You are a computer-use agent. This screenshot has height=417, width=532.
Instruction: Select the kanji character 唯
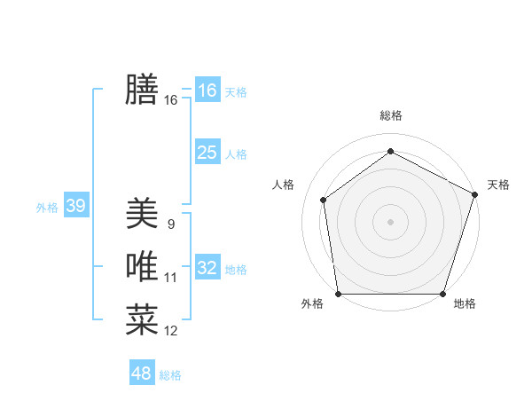pyautogui.click(x=142, y=267)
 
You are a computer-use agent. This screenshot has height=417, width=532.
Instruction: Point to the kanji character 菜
pyautogui.click(x=142, y=320)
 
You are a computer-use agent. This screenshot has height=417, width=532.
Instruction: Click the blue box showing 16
pyautogui.click(x=207, y=90)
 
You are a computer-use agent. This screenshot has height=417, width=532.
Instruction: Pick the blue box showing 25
pyautogui.click(x=207, y=153)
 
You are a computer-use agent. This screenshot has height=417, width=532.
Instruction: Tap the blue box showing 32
pyautogui.click(x=207, y=268)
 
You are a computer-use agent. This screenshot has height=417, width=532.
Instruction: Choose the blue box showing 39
pyautogui.click(x=75, y=207)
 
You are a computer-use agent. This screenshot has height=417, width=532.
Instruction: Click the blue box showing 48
pyautogui.click(x=141, y=374)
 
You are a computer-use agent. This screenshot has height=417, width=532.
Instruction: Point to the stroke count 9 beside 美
pyautogui.click(x=170, y=224)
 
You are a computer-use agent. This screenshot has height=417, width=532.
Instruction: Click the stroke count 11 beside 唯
pyautogui.click(x=170, y=278)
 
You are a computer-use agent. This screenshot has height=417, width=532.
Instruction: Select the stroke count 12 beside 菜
pyautogui.click(x=170, y=331)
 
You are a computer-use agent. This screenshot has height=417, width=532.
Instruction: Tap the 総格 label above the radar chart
pyautogui.click(x=390, y=115)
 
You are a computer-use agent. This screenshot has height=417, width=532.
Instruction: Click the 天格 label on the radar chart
pyautogui.click(x=498, y=185)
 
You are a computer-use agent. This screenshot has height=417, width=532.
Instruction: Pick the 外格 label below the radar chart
pyautogui.click(x=312, y=303)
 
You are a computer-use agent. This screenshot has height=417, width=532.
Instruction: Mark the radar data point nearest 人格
pyautogui.click(x=324, y=200)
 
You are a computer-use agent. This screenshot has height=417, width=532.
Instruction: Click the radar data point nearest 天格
pyautogui.click(x=475, y=194)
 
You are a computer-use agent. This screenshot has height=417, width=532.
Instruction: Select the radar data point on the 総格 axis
pyautogui.click(x=390, y=151)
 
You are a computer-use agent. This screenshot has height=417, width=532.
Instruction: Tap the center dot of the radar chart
pyautogui.click(x=390, y=221)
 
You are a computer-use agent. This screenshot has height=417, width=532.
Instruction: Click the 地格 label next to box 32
pyautogui.click(x=236, y=270)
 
